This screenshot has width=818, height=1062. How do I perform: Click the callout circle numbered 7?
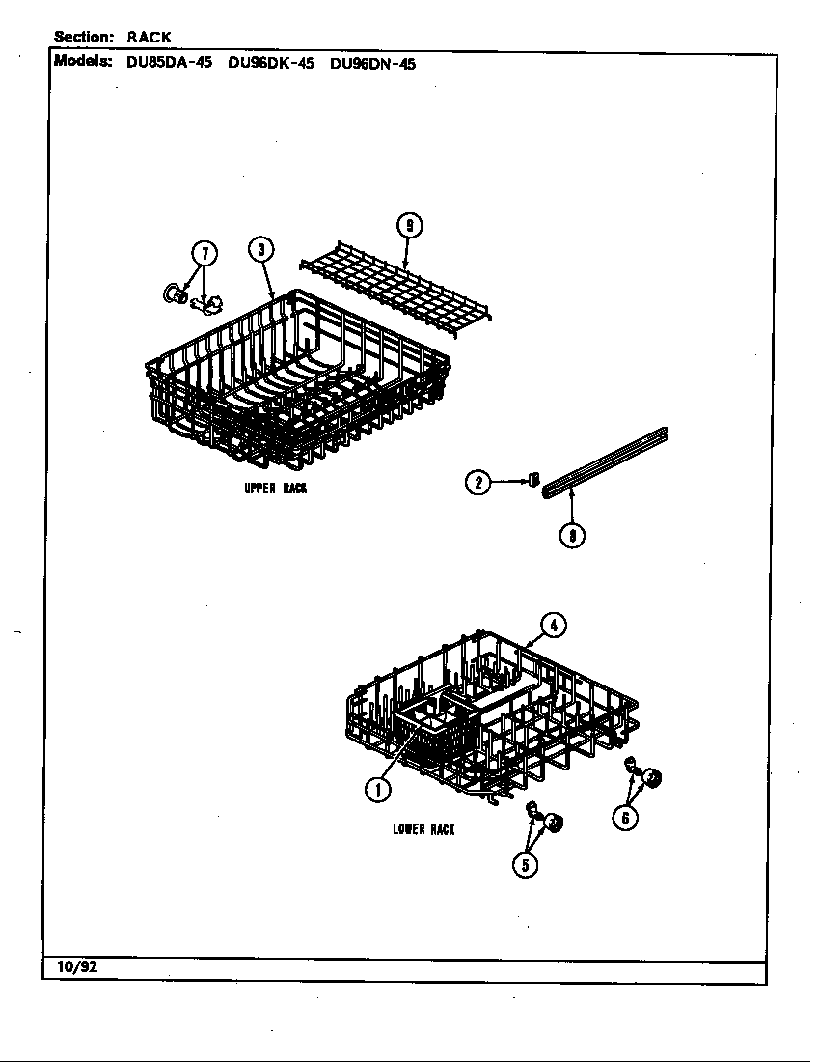[x=205, y=253]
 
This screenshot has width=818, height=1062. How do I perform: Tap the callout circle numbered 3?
[x=261, y=249]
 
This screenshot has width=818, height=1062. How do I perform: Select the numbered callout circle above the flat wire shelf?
[x=409, y=226]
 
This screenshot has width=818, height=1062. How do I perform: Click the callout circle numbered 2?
[x=478, y=482]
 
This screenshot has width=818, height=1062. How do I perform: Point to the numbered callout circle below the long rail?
[x=572, y=536]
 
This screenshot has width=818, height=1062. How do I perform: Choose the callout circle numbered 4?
[x=554, y=626]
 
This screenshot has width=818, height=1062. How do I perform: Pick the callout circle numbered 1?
[x=377, y=789]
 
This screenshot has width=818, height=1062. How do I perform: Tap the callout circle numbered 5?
[x=525, y=865]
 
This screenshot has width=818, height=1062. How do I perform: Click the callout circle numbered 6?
[x=624, y=818]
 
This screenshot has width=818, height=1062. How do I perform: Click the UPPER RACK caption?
[x=275, y=489]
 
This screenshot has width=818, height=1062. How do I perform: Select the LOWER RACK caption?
[x=423, y=829]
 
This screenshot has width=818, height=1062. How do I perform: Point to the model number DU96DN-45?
[x=372, y=64]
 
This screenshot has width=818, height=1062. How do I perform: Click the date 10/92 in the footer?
[x=77, y=967]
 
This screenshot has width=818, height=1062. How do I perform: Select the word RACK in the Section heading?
[x=149, y=38]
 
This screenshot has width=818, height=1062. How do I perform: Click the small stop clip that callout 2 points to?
[x=534, y=480]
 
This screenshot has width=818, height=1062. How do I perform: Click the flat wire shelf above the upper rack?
[x=395, y=290]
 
